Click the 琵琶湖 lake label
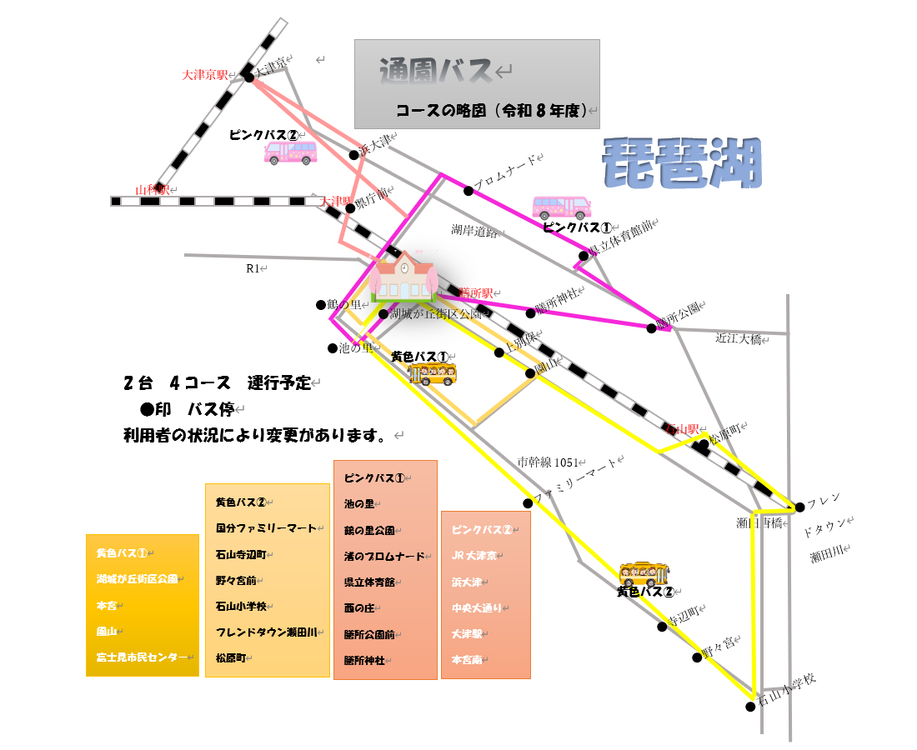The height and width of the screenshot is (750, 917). tap(682, 163)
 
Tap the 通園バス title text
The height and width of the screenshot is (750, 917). tap(435, 72)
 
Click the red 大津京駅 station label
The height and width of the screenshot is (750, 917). tap(205, 75)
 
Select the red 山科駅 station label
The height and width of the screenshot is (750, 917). tap(153, 190)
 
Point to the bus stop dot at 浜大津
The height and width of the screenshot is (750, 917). tap(354, 154)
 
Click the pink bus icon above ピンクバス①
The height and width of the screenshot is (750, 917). tap(561, 207)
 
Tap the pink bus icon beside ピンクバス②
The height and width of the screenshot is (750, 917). tap(290, 152)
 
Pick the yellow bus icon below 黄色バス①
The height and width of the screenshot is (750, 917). tap(432, 374)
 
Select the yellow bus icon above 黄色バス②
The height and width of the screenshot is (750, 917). tap(644, 573)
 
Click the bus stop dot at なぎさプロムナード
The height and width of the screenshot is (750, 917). tap(469, 191)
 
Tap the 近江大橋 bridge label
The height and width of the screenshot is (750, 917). tap(739, 339)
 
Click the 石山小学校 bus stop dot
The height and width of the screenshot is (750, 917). tap(750, 707)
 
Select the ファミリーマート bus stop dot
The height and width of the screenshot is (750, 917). tap(528, 503)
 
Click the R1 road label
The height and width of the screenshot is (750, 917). tap(254, 268)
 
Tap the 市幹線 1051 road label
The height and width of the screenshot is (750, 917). tap(548, 462)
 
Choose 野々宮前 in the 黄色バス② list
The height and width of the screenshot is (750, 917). tap(236, 580)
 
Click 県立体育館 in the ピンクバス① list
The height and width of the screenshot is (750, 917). tap(370, 582)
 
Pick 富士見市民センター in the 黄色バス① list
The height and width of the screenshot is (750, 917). tap(142, 657)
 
